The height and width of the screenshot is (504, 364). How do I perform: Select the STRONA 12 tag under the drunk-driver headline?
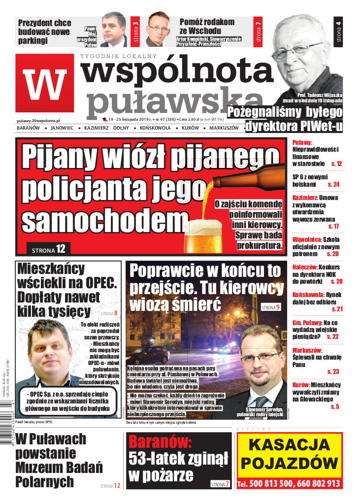[48, 249]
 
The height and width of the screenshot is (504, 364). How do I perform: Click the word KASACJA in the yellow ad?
[289, 444]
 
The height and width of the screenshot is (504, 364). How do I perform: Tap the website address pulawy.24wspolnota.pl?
[38, 120]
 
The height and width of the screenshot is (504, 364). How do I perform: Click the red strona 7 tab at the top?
[258, 31]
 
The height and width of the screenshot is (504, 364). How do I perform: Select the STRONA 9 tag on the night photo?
[271, 307]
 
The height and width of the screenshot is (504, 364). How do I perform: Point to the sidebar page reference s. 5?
[335, 406]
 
